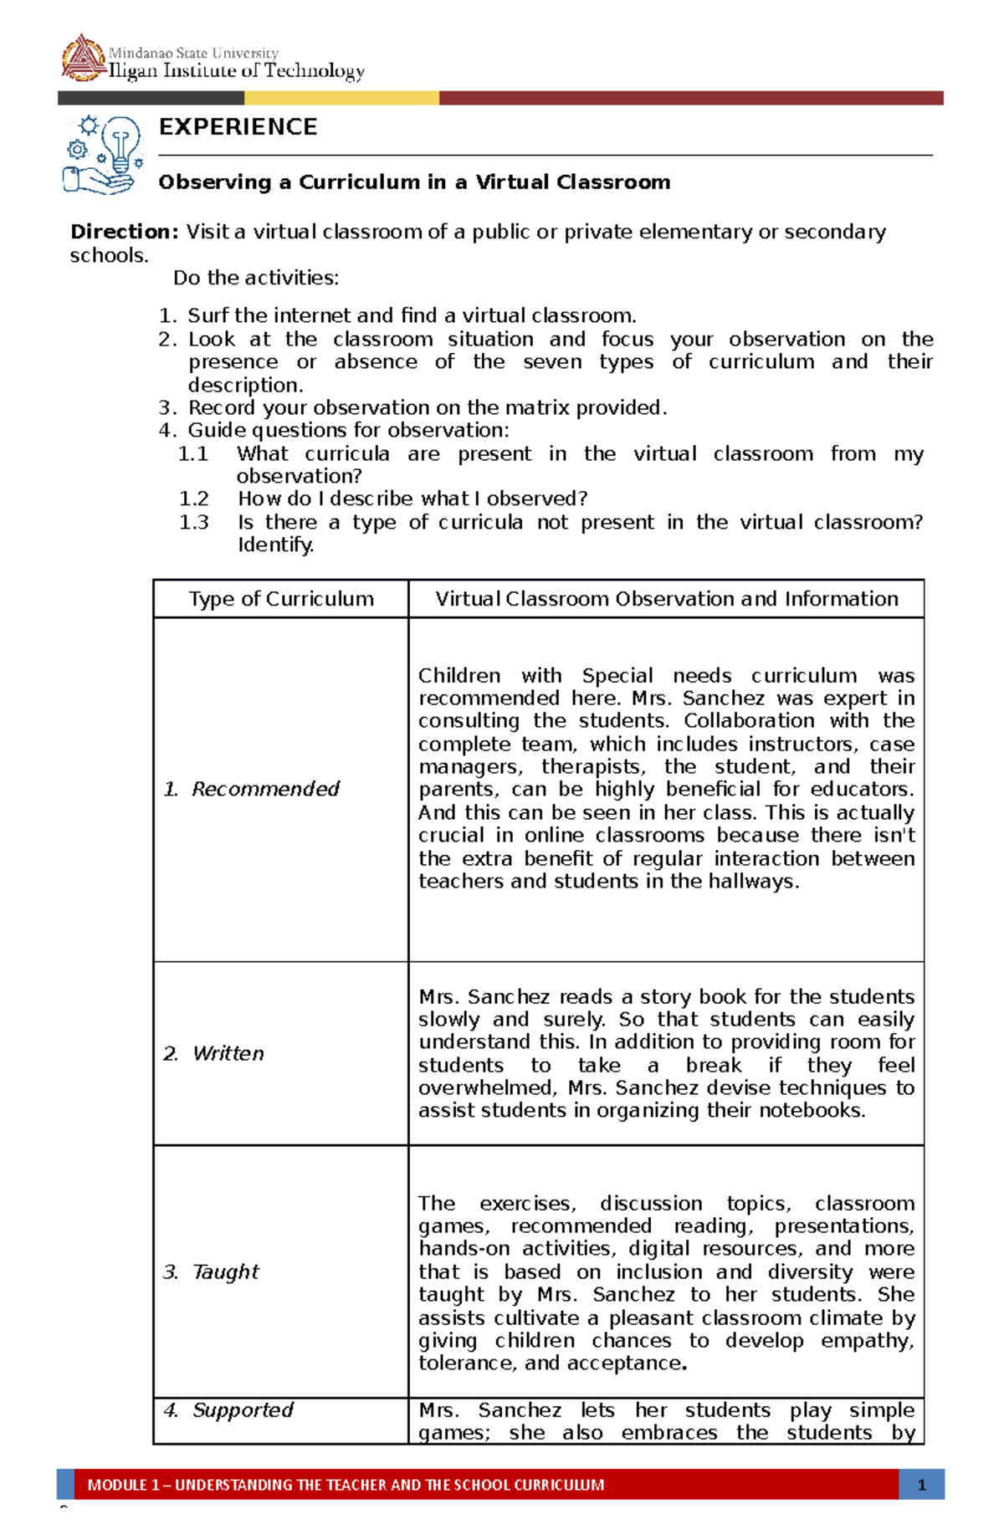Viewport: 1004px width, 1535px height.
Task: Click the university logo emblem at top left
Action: coord(82,58)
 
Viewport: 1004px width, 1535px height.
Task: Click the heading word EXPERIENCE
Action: coord(238,127)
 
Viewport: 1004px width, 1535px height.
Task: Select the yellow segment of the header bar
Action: coord(341,98)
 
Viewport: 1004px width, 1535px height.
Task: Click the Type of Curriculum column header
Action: coord(281,599)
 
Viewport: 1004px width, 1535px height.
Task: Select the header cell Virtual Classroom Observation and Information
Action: coord(666,599)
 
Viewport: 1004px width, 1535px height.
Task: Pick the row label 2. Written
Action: coord(214,1053)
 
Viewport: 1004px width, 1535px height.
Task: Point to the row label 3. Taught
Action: coord(212,1271)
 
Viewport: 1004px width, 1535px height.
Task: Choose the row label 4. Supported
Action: coord(228,1410)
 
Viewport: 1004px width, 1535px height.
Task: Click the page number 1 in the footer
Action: coord(921,1485)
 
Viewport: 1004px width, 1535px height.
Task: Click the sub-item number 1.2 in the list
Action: coord(193,499)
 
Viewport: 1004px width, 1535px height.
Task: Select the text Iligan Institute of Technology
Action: coord(237,72)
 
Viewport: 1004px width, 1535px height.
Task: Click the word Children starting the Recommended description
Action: coord(459,676)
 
